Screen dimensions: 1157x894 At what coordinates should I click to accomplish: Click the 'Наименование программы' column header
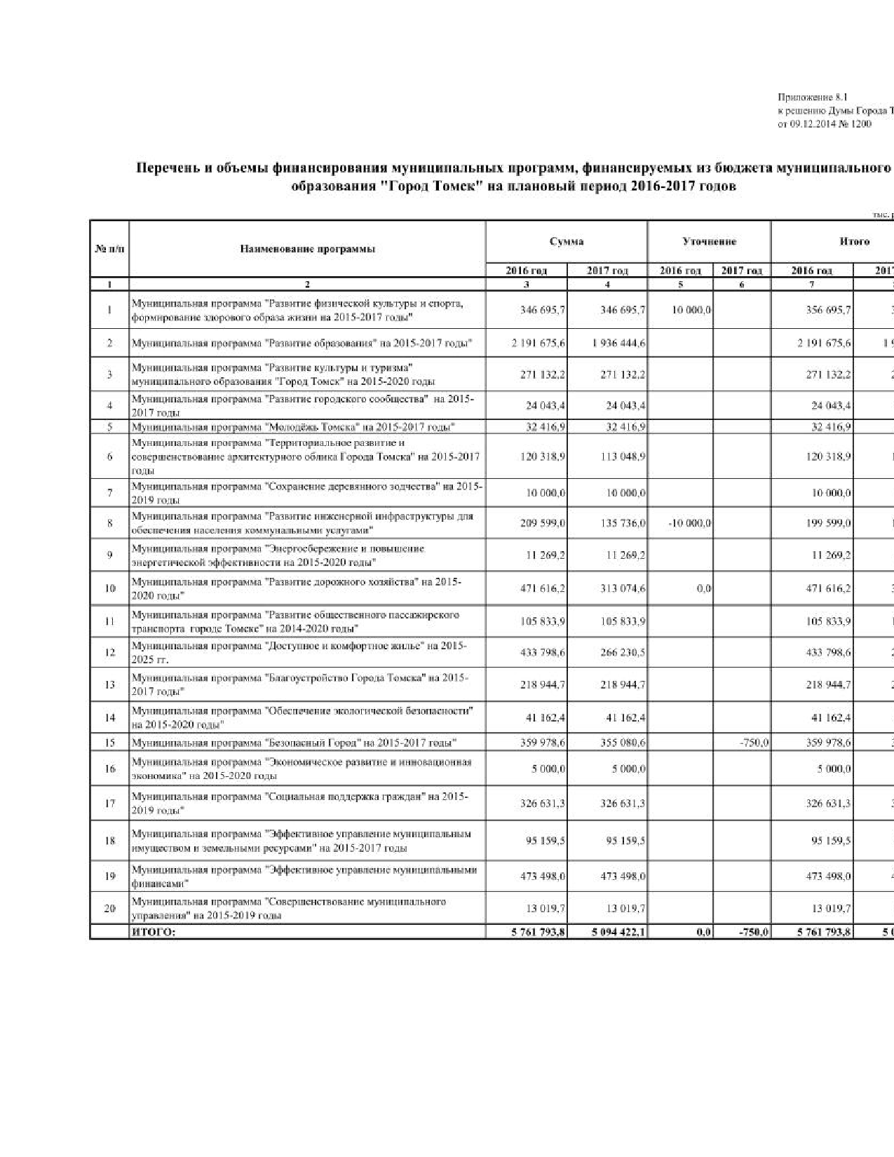(x=307, y=249)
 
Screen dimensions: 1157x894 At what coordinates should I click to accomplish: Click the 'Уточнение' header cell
(x=709, y=242)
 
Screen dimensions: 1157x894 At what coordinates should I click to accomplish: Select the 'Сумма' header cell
(x=567, y=242)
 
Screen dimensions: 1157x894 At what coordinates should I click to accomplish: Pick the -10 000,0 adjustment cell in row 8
(x=691, y=523)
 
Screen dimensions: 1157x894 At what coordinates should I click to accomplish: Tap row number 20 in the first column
(x=109, y=908)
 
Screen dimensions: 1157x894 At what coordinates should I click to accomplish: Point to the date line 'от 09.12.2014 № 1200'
(x=825, y=124)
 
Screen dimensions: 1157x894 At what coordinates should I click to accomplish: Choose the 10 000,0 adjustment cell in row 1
(x=692, y=310)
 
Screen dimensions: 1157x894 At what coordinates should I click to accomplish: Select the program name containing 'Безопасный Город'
(x=294, y=743)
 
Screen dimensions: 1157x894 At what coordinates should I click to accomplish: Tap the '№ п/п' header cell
(x=109, y=249)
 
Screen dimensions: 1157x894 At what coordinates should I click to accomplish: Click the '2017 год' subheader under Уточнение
(x=742, y=271)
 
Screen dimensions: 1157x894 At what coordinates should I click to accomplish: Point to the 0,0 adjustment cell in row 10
(x=704, y=589)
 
